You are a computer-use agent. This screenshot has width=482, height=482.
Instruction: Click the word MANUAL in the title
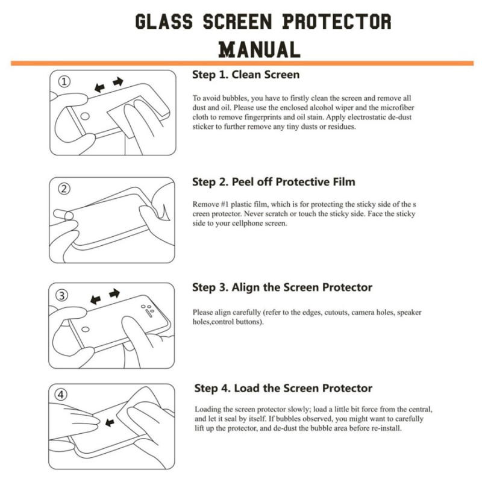(x=259, y=49)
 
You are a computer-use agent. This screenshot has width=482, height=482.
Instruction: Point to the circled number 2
(x=64, y=189)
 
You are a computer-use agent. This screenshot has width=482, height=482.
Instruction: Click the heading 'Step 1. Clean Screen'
(x=246, y=75)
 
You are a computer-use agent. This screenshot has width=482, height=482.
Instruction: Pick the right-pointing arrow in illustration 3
(x=114, y=294)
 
